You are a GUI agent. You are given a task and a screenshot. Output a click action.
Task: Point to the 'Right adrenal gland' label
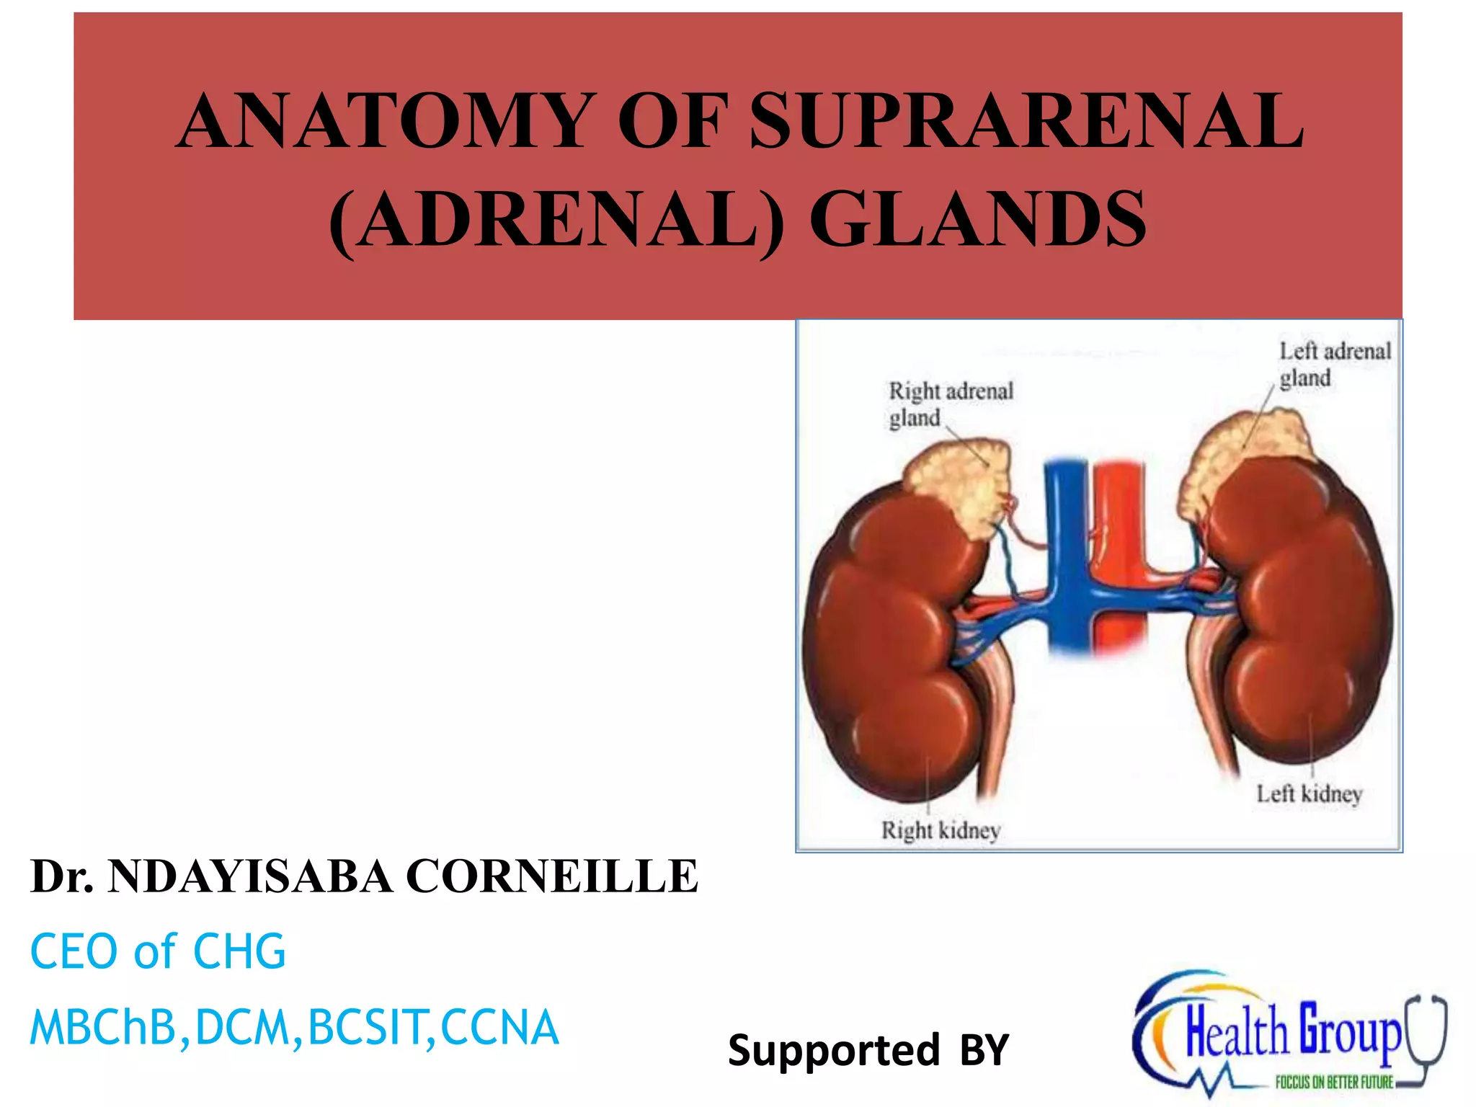(x=950, y=404)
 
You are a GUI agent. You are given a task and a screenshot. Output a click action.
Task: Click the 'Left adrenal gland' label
(x=1334, y=364)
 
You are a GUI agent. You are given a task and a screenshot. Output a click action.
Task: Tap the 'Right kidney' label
(x=941, y=830)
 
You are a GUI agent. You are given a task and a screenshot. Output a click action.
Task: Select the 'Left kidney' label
(x=1309, y=793)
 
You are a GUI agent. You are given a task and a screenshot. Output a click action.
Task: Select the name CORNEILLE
(x=552, y=877)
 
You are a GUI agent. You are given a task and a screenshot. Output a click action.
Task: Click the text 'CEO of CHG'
(x=158, y=952)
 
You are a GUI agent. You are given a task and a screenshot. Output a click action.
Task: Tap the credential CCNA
(x=499, y=1027)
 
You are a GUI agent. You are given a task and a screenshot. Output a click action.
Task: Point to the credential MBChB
(x=103, y=1027)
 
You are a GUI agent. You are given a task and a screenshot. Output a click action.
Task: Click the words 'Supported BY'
(x=868, y=1050)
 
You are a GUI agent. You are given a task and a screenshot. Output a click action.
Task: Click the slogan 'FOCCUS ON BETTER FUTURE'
(x=1334, y=1082)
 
